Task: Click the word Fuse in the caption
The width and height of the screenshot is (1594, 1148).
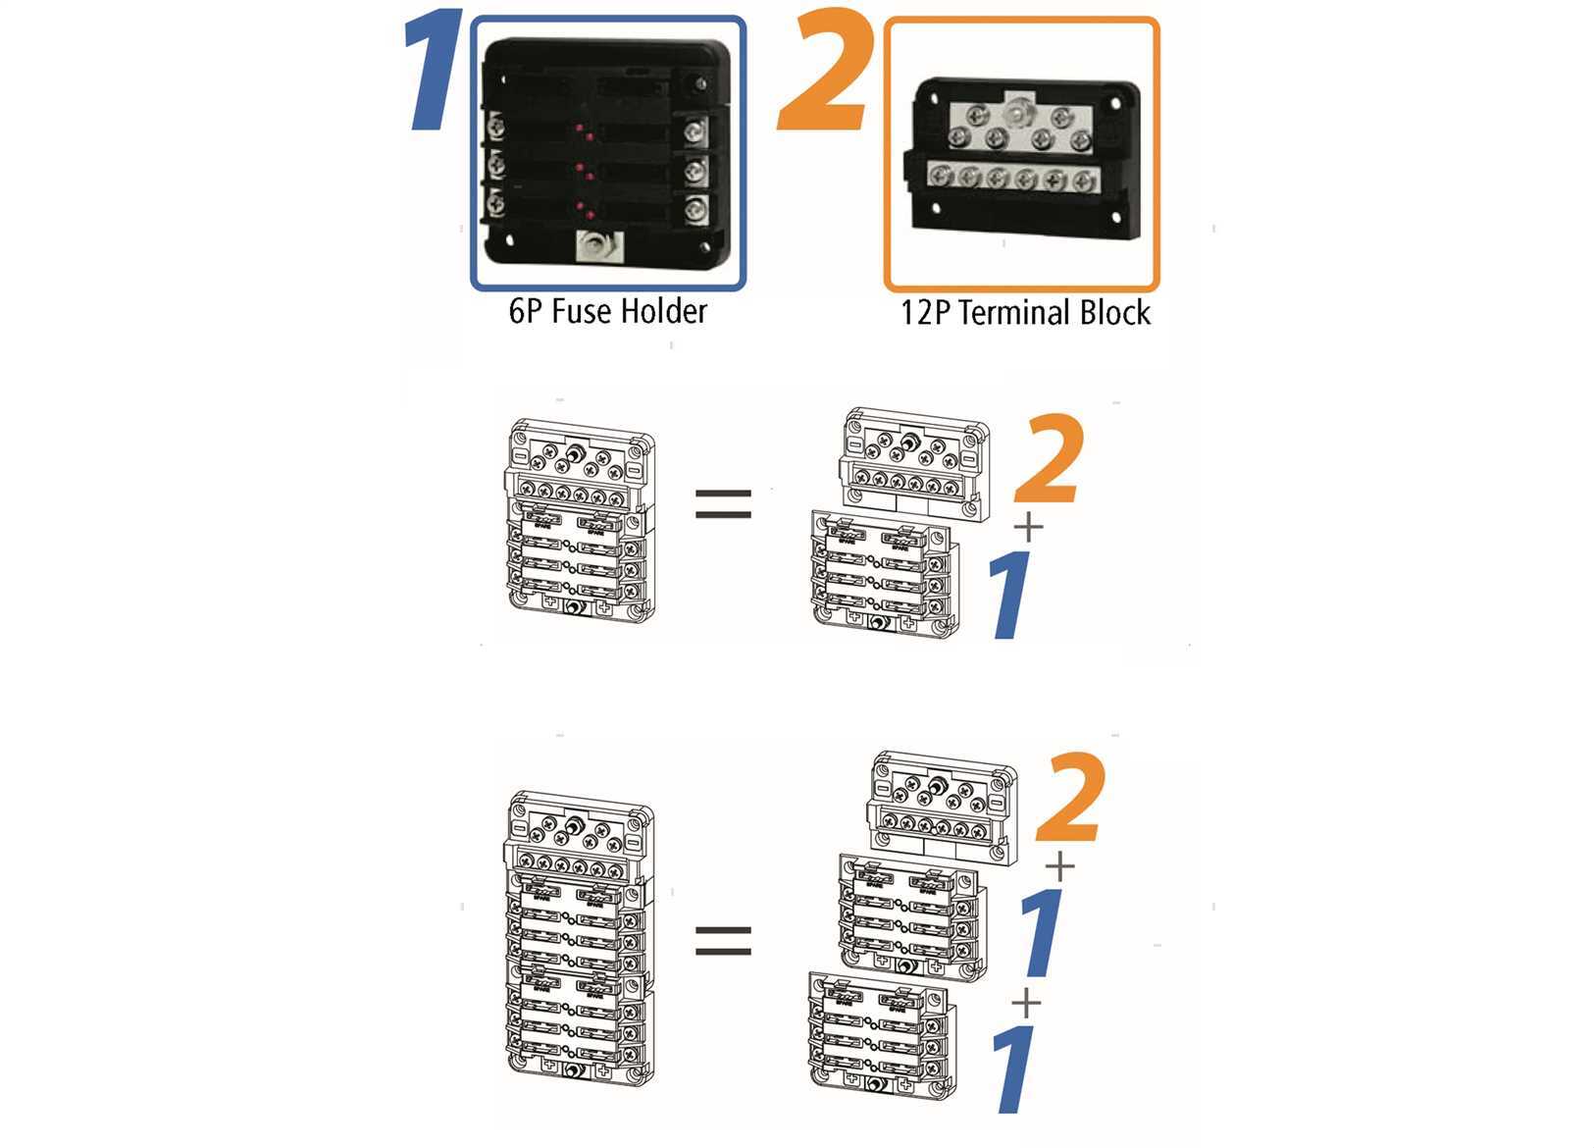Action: click(582, 312)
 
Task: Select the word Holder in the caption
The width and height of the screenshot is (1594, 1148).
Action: click(664, 312)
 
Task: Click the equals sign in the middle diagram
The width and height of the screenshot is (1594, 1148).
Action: click(723, 504)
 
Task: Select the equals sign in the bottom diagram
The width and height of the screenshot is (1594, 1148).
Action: click(723, 940)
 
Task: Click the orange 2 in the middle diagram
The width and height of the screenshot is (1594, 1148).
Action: click(1050, 459)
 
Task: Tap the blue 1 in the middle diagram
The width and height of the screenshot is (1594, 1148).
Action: click(1010, 595)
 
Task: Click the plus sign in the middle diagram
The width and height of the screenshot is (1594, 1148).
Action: click(1028, 527)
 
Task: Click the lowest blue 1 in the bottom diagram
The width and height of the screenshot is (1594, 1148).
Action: click(1013, 1069)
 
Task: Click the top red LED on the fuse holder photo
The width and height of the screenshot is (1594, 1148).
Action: click(580, 129)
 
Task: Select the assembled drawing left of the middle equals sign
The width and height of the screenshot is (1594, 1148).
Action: click(580, 521)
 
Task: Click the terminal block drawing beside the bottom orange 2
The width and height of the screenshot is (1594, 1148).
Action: click(942, 809)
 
